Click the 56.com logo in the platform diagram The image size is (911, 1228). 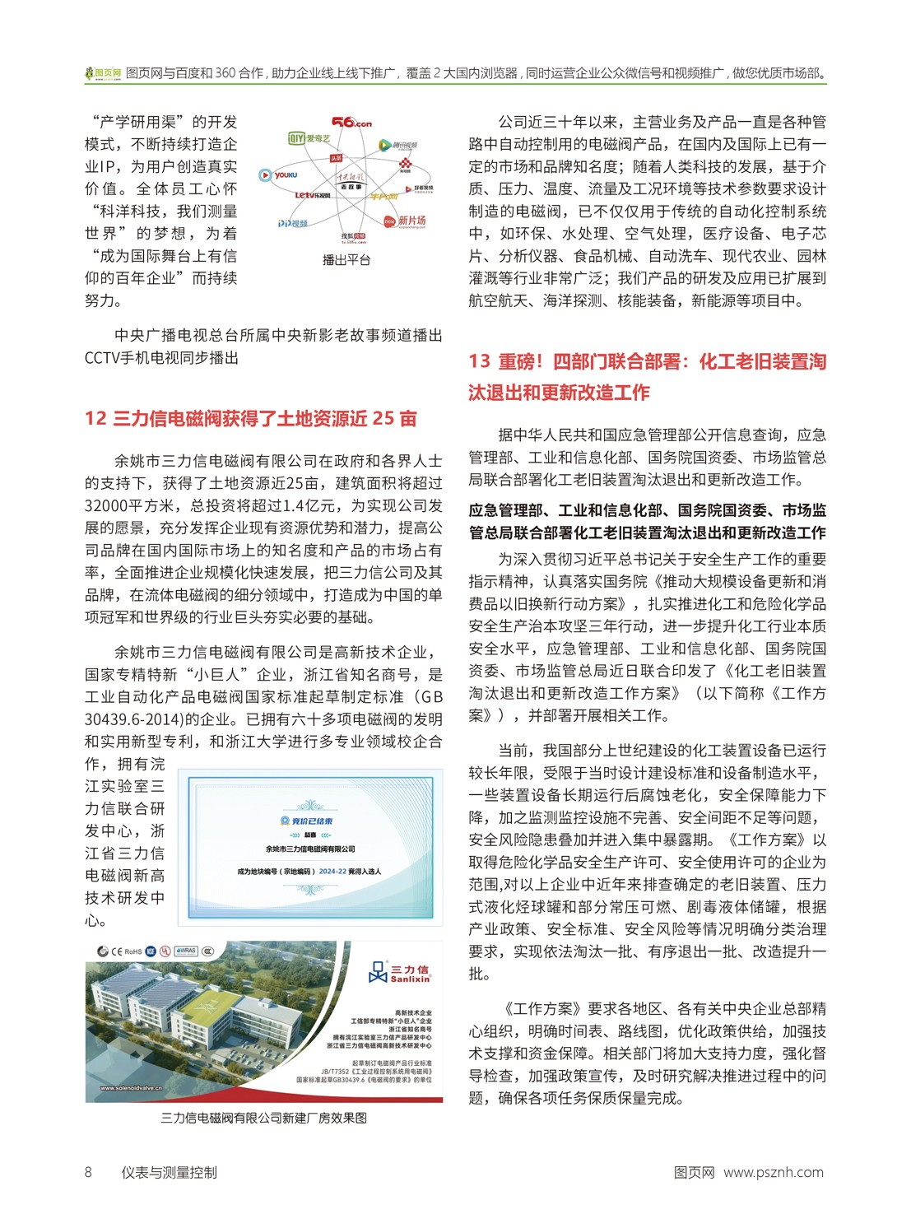[x=351, y=123]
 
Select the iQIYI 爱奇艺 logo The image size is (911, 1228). [x=309, y=139]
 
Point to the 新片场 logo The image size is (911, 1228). [x=405, y=221]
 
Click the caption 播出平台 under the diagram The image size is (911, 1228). [x=346, y=260]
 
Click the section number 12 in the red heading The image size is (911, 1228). [x=95, y=418]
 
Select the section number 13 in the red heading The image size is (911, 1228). [x=480, y=361]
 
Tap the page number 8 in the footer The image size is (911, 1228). [x=89, y=1172]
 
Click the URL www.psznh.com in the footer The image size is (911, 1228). [x=774, y=1172]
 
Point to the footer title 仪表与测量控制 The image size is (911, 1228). [x=169, y=1172]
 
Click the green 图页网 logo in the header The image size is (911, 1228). [x=103, y=73]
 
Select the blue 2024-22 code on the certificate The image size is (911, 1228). [x=333, y=871]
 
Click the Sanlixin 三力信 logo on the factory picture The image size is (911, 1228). [x=400, y=973]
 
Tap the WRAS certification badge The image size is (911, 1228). [x=186, y=951]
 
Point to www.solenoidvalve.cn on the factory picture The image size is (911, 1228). [x=132, y=1087]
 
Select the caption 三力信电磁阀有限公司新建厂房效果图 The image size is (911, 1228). [x=263, y=1118]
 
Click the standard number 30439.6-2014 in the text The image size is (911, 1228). [x=136, y=719]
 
